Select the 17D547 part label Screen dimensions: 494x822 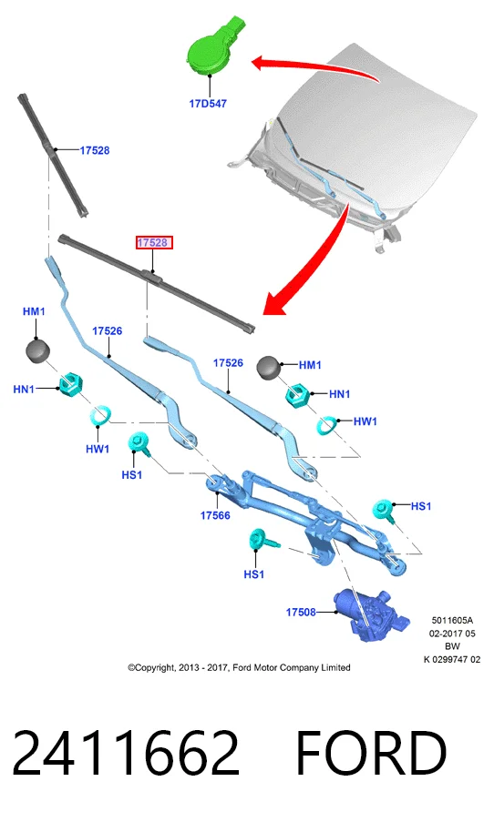click(208, 104)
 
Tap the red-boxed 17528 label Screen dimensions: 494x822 click(152, 243)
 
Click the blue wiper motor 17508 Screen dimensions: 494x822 click(371, 614)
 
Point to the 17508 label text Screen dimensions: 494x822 click(300, 612)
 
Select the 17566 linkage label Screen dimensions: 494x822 click(215, 515)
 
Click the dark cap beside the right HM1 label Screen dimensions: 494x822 click(269, 367)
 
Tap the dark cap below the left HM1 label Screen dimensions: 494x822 click(37, 350)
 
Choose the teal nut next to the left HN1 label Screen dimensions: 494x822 click(70, 385)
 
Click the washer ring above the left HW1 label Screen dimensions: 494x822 click(100, 416)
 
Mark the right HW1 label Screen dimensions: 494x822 click(365, 421)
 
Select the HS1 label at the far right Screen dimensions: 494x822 click(420, 506)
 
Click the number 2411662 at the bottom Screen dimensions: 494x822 click(126, 753)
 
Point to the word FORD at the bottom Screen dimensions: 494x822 click(372, 753)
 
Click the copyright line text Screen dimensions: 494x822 click(239, 667)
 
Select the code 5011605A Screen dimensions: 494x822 click(452, 620)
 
